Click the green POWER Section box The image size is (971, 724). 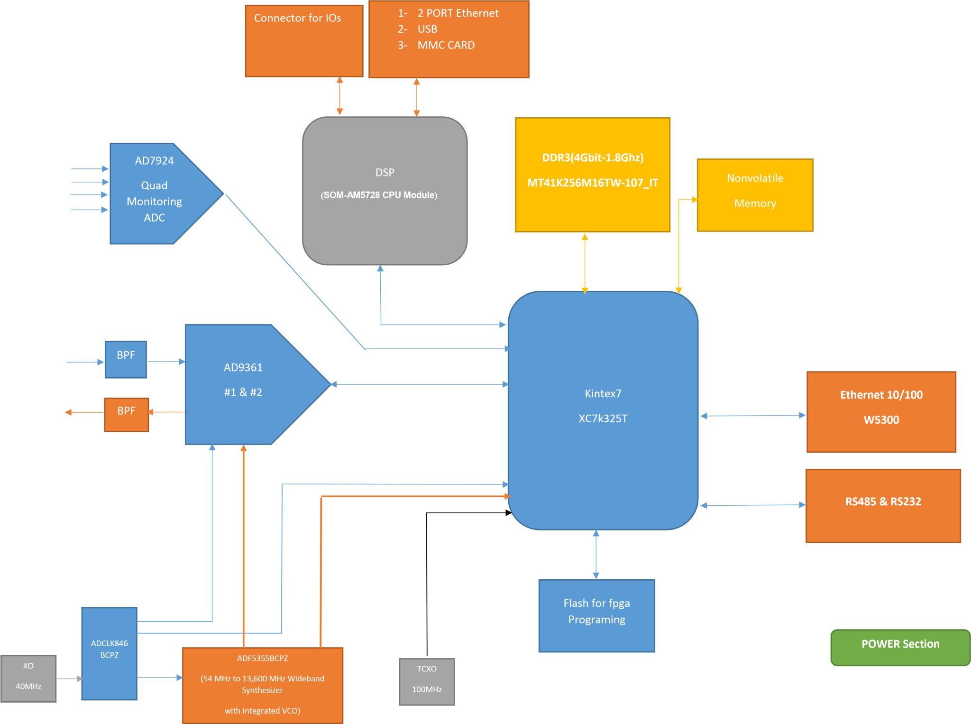900,647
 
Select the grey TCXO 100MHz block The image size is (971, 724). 427,681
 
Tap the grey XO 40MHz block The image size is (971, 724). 28,678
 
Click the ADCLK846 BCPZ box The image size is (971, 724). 109,653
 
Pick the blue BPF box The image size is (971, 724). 126,359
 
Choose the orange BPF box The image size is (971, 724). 126,414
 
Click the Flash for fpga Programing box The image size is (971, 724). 596,615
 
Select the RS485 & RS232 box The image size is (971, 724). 883,505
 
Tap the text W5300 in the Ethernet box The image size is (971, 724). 881,419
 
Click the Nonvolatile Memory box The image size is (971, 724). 755,195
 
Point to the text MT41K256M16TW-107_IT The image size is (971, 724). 593,183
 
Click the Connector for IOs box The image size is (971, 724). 304,41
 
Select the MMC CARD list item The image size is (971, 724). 446,45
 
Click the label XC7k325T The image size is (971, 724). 603,418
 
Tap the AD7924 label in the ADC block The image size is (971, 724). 154,160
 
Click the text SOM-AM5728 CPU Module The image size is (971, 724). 379,195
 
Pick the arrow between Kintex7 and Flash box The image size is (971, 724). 596,554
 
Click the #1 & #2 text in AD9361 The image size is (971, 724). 243,392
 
